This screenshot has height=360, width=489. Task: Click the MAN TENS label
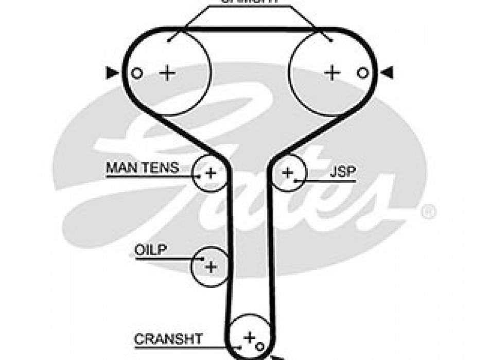pos(143,167)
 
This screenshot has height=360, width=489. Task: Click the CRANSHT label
pos(168,339)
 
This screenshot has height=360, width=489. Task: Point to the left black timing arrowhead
pos(111,73)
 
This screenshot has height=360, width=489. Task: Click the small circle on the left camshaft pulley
pos(136,73)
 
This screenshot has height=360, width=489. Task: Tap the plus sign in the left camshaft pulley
pos(167,73)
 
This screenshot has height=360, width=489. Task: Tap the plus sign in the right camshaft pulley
pos(333,73)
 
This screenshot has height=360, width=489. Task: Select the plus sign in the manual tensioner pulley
pos(210,173)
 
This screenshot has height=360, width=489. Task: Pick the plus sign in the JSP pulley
pos(287,172)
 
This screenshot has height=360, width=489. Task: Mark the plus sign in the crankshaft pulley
pos(249,337)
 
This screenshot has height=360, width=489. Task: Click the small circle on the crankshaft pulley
pos(260,344)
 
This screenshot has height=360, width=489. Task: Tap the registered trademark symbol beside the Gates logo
pos(428,211)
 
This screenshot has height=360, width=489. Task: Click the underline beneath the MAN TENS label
pos(149,176)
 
